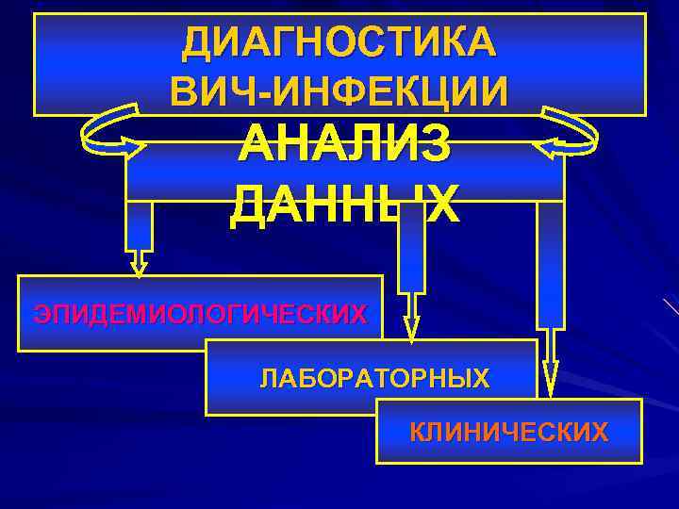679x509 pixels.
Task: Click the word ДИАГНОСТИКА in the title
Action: (x=339, y=41)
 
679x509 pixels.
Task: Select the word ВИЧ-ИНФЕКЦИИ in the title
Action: (x=339, y=89)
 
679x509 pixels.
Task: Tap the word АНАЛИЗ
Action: (x=345, y=147)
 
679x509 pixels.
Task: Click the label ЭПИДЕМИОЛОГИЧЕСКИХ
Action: (x=200, y=314)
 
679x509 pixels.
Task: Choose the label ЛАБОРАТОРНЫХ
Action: (x=374, y=379)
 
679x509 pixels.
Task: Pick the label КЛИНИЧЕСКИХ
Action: (x=509, y=433)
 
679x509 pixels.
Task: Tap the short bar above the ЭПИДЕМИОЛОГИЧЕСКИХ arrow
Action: (x=139, y=226)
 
